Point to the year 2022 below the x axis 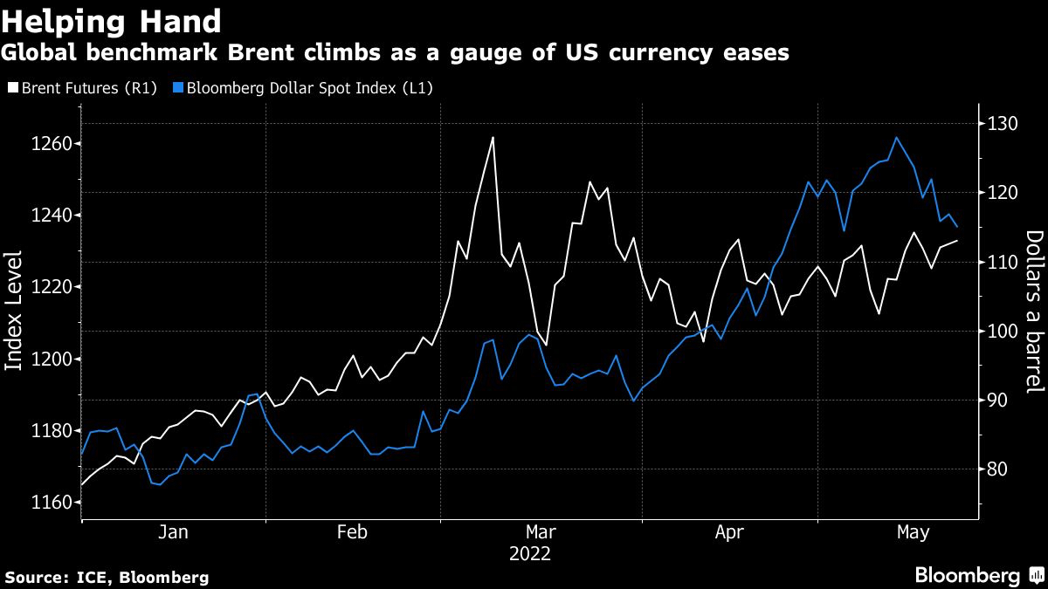click(x=530, y=553)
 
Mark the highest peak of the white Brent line click(x=493, y=137)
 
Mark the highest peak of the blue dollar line click(x=896, y=137)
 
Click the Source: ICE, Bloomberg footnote click(x=107, y=577)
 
